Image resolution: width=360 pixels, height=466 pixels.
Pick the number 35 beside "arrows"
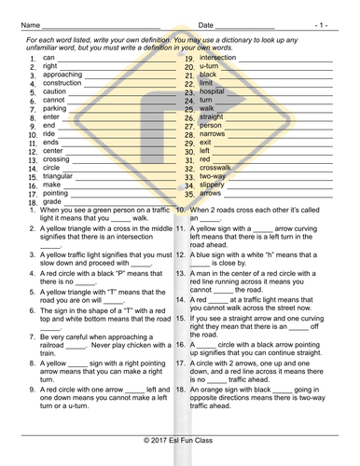coord(189,194)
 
